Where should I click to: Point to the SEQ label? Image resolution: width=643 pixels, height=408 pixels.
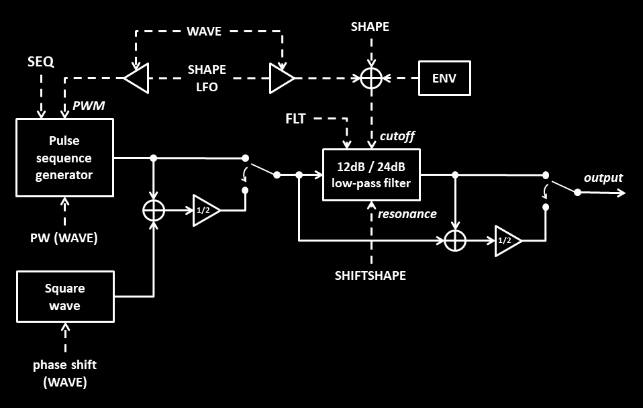pos(40,62)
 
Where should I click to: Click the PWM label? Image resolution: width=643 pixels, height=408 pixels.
pos(89,106)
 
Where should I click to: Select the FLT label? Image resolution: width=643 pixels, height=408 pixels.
pos(295,119)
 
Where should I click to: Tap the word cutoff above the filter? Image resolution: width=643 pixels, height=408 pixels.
pos(397,136)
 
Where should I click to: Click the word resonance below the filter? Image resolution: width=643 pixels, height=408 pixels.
pos(407,214)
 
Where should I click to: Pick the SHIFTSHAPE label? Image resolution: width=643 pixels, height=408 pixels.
pos(370,276)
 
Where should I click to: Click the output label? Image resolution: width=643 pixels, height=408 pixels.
pos(603,178)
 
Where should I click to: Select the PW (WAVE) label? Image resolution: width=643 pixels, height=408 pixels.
pos(64,238)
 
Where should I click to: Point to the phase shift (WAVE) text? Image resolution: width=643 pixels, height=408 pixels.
pos(65,374)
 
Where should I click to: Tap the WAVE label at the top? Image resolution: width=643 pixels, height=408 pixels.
pos(204,31)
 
